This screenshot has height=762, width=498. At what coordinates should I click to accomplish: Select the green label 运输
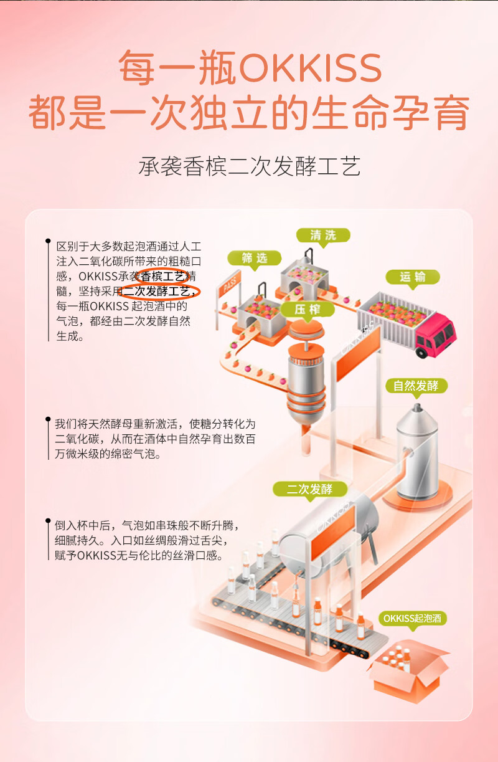[412, 277]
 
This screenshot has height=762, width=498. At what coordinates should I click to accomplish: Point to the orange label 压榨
[308, 310]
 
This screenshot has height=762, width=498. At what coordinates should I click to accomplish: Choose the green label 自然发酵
[416, 385]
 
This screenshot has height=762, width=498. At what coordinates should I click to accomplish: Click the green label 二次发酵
[309, 489]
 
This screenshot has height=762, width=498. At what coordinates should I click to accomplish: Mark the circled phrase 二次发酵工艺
[159, 291]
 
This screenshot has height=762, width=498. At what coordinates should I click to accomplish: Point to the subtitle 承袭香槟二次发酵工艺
[249, 166]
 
